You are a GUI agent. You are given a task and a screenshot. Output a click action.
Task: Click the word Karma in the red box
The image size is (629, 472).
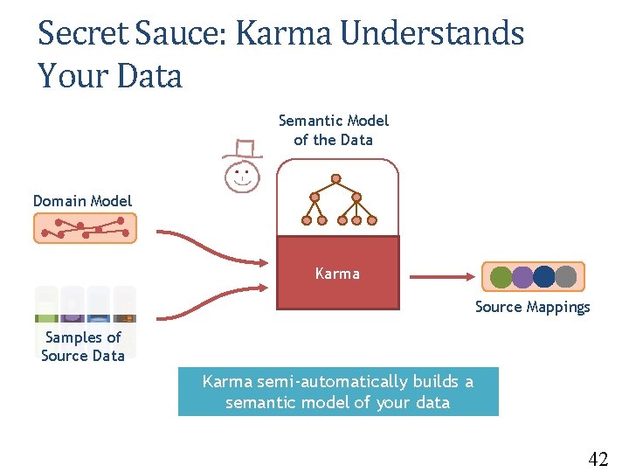(337, 274)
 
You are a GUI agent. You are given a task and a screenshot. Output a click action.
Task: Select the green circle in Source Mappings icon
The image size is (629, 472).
(501, 277)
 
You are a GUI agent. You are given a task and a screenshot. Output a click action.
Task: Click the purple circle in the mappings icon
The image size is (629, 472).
(522, 277)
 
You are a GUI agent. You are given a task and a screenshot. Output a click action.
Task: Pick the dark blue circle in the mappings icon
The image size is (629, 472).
(544, 277)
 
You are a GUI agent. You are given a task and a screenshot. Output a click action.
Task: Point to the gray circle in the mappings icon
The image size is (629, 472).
(566, 277)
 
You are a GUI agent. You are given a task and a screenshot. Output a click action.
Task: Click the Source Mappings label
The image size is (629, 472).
(532, 307)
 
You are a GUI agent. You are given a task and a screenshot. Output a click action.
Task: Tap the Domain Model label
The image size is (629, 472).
(82, 201)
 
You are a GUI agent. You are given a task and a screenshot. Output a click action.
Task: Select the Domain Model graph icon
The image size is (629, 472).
(85, 229)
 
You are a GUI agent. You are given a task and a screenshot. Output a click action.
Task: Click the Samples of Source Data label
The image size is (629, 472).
(83, 346)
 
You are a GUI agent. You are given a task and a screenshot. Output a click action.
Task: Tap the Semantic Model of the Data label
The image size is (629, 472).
(334, 130)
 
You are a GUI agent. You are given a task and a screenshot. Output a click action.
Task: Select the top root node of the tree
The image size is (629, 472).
(335, 179)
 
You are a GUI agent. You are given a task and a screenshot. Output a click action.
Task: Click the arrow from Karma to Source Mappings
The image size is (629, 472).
(441, 277)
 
